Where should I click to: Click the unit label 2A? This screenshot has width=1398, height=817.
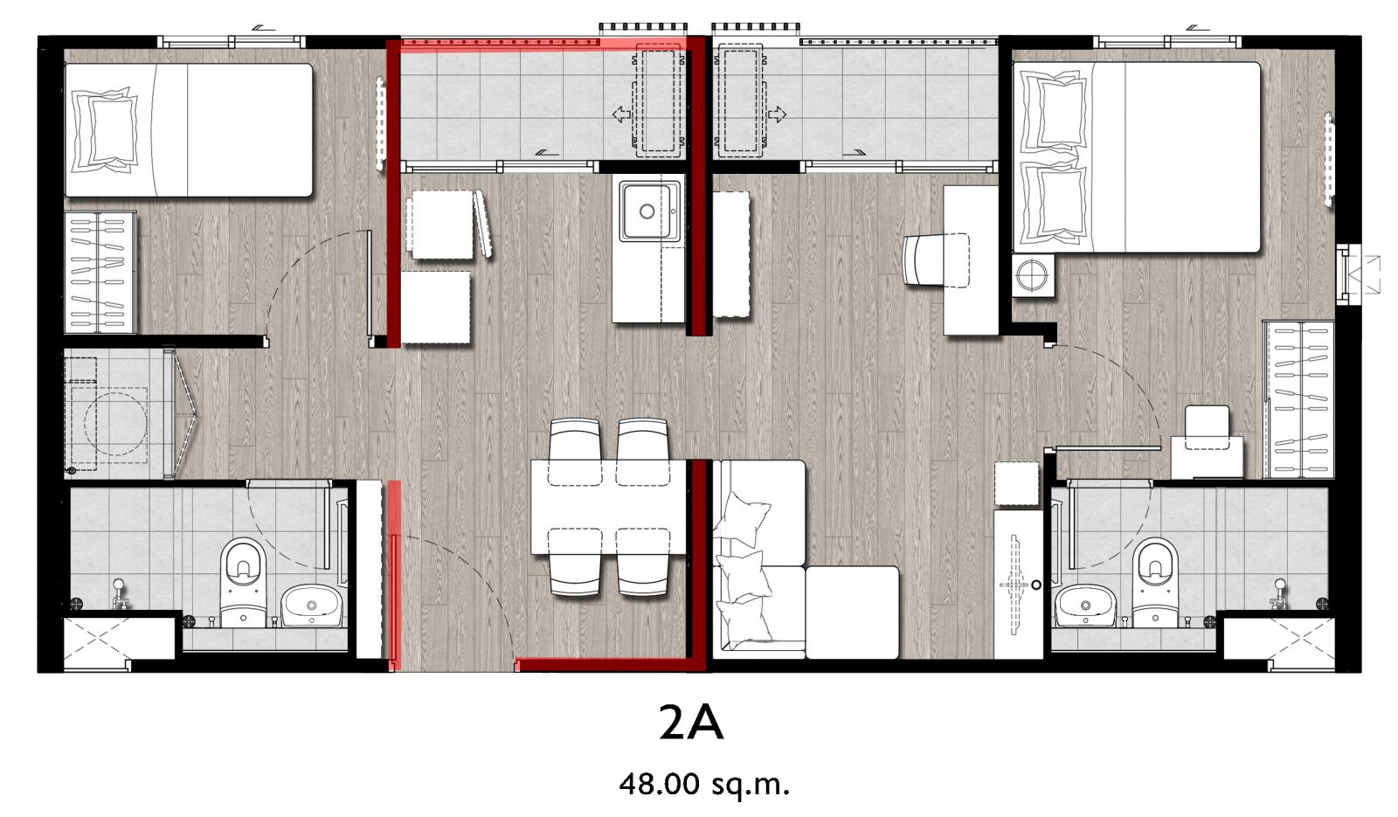click(x=691, y=724)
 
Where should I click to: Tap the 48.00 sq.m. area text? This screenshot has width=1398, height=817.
click(x=704, y=784)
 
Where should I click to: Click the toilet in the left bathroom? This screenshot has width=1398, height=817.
click(x=243, y=582)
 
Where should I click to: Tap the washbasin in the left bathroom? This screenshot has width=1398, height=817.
click(x=311, y=605)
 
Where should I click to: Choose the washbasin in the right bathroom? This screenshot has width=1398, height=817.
click(x=1085, y=605)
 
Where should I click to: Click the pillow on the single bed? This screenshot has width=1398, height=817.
click(x=104, y=130)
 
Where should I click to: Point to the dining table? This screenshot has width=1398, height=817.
click(x=608, y=507)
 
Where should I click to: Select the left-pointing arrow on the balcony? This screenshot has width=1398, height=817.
click(x=621, y=114)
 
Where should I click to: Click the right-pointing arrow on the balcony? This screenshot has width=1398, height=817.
click(x=777, y=114)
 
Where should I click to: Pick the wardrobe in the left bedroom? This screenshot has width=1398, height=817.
click(x=100, y=272)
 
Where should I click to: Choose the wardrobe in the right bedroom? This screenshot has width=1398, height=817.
click(x=1298, y=399)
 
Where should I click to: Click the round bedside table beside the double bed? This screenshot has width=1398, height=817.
click(x=1032, y=274)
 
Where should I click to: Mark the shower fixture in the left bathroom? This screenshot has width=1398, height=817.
click(x=119, y=594)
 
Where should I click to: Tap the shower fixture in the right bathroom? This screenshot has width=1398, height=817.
click(x=1279, y=594)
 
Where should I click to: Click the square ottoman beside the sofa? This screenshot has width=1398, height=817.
click(x=852, y=613)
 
